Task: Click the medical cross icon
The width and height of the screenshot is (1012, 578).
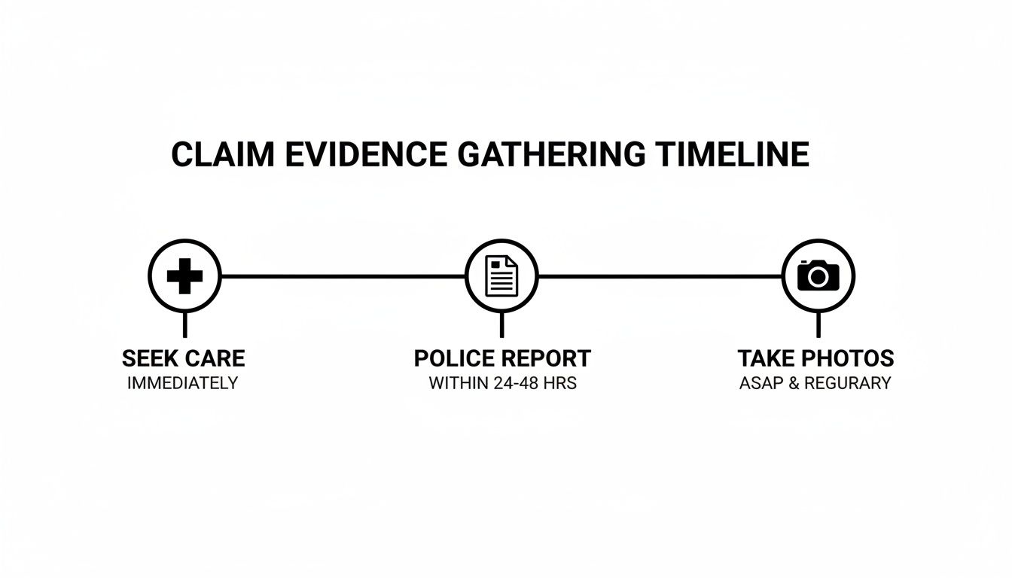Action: click(184, 276)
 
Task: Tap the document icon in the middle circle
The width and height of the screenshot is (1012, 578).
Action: click(501, 276)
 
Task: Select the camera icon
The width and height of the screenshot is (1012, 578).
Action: click(818, 275)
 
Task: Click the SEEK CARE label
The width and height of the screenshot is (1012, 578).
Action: click(183, 357)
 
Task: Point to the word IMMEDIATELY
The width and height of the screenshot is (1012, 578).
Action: click(183, 383)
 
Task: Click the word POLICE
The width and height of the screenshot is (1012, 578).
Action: click(454, 357)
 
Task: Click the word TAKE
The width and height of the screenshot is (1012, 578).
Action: click(767, 357)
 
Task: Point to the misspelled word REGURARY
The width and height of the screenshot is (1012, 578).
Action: click(847, 383)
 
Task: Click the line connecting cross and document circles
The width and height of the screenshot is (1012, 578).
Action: click(343, 276)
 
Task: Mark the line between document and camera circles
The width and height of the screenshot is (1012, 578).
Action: click(660, 276)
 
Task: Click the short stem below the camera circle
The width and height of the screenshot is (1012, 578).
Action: click(818, 324)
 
